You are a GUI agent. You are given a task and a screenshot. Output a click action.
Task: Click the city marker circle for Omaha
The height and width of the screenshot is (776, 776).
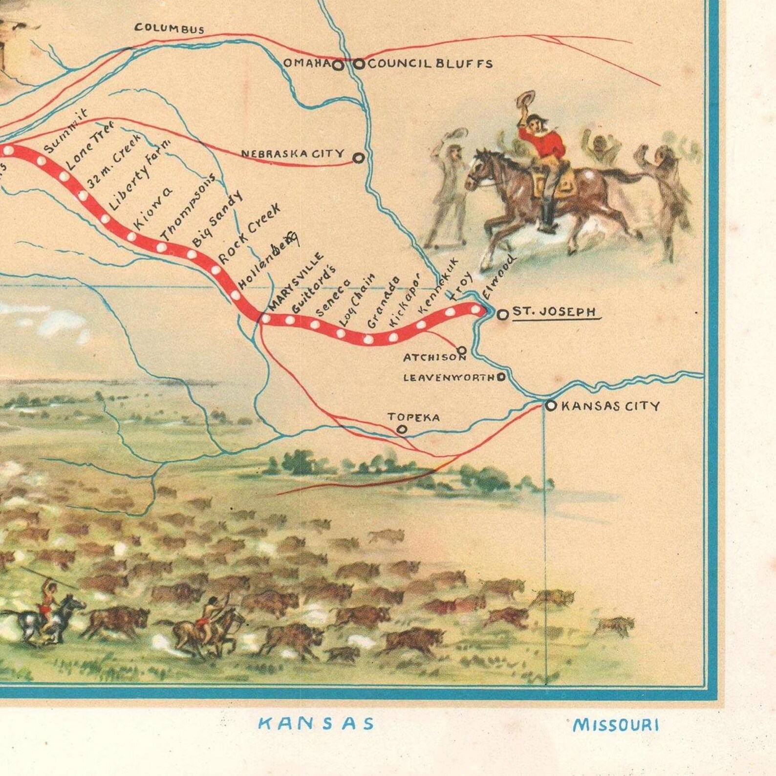pos(337,65)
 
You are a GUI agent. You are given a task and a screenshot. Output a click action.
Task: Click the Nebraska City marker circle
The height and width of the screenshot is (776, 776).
pos(359,158)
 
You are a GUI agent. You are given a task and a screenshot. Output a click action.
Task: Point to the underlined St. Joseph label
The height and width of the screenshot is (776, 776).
pos(554,312)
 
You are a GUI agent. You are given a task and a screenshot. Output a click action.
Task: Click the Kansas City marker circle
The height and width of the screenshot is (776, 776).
pos(551,405)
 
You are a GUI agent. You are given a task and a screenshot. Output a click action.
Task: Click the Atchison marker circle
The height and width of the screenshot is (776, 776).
pos(461,350)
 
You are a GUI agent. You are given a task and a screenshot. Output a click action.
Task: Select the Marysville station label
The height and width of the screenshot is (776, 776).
pos(296,282)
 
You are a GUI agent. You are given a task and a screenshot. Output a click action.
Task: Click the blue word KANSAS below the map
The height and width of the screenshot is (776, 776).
pos(316,723)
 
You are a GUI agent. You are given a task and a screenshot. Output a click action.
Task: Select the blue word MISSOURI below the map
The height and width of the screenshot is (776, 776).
pos(615,724)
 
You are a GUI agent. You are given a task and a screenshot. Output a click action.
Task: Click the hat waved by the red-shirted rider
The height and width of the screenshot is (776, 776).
pos(525,100)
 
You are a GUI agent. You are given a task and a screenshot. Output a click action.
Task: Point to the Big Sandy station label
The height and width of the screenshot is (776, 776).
pos(216,219)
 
